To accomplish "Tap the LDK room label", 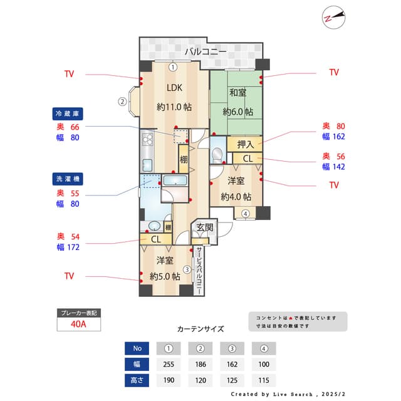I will pos(174,88).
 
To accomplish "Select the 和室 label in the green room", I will pos(237,93).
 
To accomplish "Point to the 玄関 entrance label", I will pos(204,227).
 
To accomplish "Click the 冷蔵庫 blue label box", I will pos(68,114).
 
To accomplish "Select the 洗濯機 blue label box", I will pos(68,179).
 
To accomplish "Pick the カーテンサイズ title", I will pos(200,328).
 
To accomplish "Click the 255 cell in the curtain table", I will pos(169,364).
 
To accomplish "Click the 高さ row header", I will pos(137,380).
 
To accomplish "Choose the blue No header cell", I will pos(137,348).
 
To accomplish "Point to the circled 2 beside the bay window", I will pos(123,100).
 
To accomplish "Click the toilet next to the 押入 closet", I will pos(217,154).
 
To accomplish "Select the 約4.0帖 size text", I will pos(237,196).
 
